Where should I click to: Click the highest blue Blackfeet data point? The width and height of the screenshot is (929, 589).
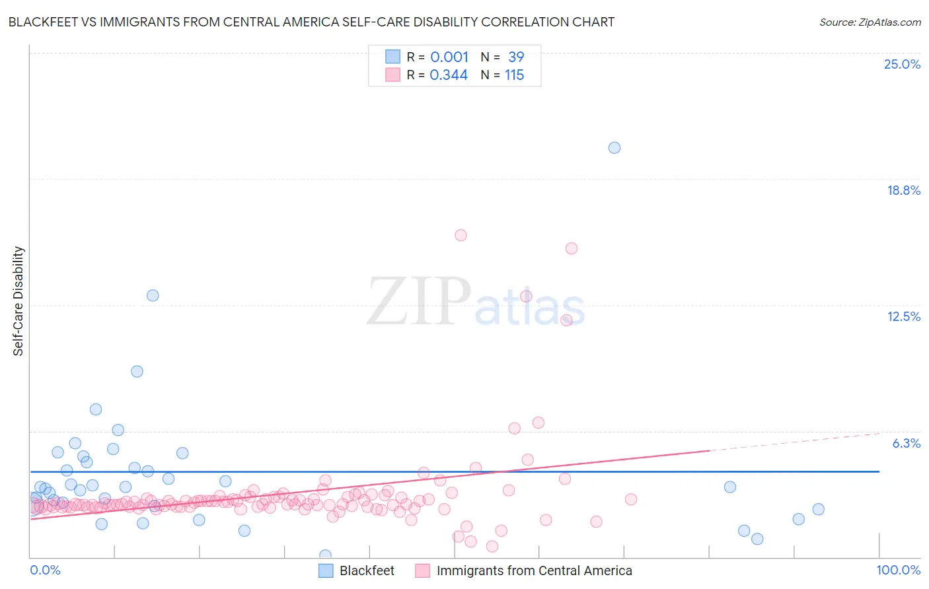point(614,148)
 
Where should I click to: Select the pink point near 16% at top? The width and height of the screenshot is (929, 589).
point(461,235)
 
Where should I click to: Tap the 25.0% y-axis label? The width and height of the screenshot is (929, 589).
point(902,64)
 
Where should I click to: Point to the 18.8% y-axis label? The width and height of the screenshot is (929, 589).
point(903,190)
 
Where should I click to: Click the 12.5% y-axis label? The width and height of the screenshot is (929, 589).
point(903,316)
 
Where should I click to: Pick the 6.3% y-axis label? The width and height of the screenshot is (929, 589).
point(906,443)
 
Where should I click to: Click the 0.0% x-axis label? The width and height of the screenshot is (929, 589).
point(45,570)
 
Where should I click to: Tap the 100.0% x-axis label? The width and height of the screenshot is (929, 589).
point(898,570)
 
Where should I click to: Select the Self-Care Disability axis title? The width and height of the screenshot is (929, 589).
point(19,301)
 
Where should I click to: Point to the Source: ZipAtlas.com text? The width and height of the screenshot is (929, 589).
point(870,22)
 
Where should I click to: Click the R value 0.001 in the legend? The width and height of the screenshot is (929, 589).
point(449,57)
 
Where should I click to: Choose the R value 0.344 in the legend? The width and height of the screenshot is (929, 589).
point(449,75)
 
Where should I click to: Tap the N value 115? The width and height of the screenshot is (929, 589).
point(514,75)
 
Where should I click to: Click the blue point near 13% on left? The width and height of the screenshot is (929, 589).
point(153,296)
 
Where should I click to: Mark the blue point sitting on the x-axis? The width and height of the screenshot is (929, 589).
point(325,555)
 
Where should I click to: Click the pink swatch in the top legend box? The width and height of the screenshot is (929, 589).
point(393,75)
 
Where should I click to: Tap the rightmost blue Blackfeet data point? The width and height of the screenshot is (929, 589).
point(819,509)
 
